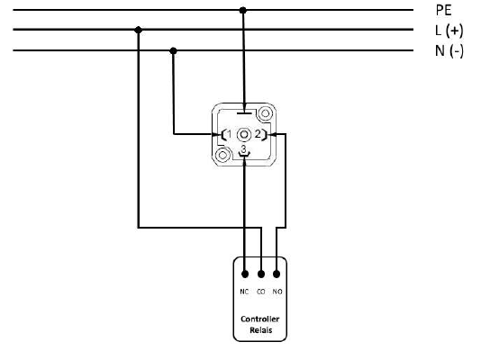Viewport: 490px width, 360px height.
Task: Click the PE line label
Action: pyautogui.click(x=443, y=10)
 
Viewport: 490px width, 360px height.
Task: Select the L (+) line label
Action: pyautogui.click(x=449, y=31)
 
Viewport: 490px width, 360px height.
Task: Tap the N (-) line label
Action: pyautogui.click(x=449, y=51)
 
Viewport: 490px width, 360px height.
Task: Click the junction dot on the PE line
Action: pyautogui.click(x=243, y=10)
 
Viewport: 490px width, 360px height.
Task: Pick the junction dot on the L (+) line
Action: pyautogui.click(x=138, y=30)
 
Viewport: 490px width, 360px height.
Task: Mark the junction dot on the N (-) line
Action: pyautogui.click(x=174, y=50)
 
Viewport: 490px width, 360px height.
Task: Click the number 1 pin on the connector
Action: pyautogui.click(x=230, y=134)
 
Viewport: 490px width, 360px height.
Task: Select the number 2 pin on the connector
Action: pyautogui.click(x=258, y=134)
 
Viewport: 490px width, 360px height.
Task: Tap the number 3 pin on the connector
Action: pyautogui.click(x=244, y=148)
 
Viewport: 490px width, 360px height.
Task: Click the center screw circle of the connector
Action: pyautogui.click(x=244, y=135)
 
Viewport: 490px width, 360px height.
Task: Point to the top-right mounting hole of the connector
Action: pyautogui.click(x=265, y=113)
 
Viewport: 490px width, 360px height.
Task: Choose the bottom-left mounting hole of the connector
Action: pyautogui.click(x=222, y=155)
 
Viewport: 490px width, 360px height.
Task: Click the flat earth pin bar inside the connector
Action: pyautogui.click(x=244, y=112)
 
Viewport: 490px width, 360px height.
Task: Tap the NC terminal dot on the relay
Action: pyautogui.click(x=245, y=274)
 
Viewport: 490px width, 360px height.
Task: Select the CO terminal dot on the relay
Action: pyautogui.click(x=261, y=274)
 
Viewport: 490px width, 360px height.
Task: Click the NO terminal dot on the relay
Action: pyautogui.click(x=277, y=274)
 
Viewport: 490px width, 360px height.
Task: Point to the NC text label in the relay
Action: pyautogui.click(x=244, y=292)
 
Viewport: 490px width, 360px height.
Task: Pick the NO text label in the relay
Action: pyautogui.click(x=277, y=292)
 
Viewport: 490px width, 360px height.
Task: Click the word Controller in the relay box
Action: pyautogui.click(x=260, y=319)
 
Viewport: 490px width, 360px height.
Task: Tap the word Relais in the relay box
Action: pyautogui.click(x=261, y=330)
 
